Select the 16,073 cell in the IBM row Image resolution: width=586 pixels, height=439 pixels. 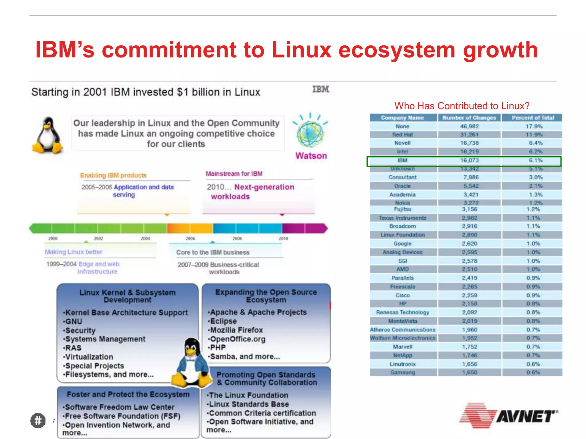pos(469,160)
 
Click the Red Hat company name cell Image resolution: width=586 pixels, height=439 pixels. pos(402,135)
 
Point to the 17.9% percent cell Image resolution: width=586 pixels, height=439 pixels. pos(534,126)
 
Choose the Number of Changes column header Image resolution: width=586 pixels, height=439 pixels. pos(469,118)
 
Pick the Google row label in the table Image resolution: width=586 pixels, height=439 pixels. pos(402,244)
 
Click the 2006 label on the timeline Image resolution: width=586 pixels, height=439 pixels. pos(190,238)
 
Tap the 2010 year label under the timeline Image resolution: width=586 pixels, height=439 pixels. pos(283,238)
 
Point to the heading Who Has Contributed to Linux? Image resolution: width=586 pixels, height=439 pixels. pos(462,106)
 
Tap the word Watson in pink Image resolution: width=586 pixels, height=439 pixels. pos(311,156)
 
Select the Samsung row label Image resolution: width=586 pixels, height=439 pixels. pos(402,372)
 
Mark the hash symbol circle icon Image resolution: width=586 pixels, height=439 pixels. pos(38,420)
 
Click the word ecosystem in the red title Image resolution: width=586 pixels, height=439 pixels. pos(397,50)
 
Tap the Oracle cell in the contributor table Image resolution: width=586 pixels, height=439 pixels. pos(402,186)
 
